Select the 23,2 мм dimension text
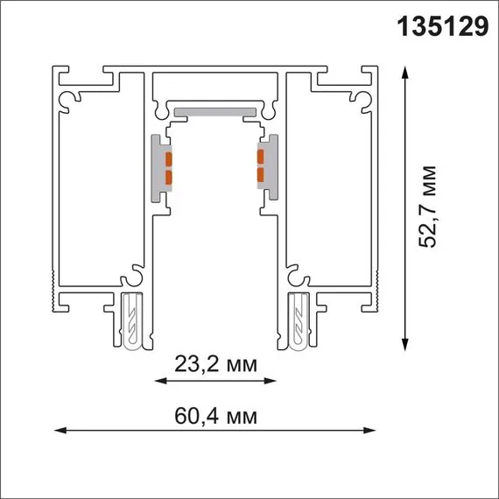(214, 362)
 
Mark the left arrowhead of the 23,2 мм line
(158, 381)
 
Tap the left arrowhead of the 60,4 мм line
(59, 430)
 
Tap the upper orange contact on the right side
(260, 158)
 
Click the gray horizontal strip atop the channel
(215, 112)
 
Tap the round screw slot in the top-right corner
(361, 100)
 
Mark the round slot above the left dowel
(131, 278)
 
